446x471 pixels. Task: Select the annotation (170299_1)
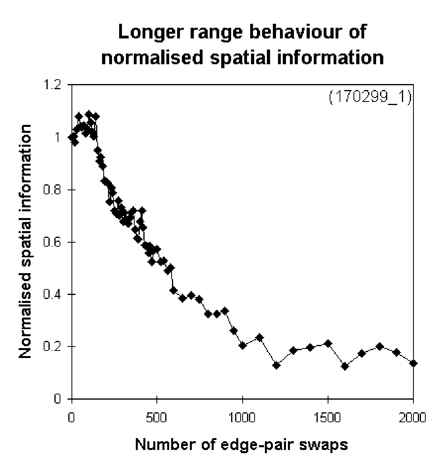[370, 97]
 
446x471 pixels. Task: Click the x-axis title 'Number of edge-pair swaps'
[241, 444]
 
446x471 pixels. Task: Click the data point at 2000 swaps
[413, 363]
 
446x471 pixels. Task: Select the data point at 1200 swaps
[276, 365]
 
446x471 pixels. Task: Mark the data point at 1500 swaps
[328, 343]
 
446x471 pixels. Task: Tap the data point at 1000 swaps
[243, 346]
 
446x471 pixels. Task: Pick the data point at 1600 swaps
[345, 366]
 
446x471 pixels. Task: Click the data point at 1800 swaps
[379, 347]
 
